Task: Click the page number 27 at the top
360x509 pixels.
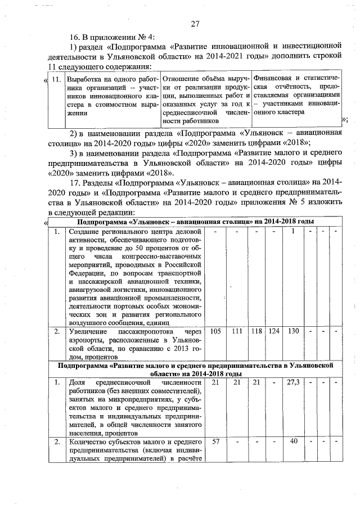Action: [195, 24]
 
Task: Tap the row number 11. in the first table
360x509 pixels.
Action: [55, 79]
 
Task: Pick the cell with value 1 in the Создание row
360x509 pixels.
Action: [292, 230]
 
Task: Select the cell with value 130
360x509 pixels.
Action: [292, 331]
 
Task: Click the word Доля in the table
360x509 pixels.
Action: [77, 382]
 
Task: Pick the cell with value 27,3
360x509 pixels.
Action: [292, 382]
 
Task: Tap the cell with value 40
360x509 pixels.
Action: [292, 441]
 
